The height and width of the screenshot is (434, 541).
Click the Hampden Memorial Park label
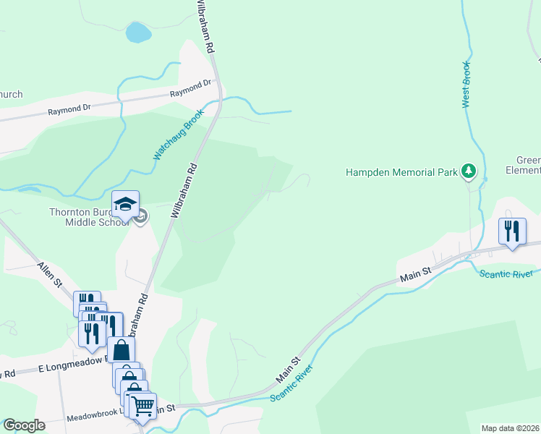tap(401, 172)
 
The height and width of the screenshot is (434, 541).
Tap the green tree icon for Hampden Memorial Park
tap(469, 171)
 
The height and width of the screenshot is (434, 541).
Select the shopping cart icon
tap(143, 405)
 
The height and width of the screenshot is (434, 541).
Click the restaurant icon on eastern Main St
tap(511, 231)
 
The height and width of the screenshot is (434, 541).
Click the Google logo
tap(24, 425)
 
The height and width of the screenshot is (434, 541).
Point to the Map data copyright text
tap(511, 428)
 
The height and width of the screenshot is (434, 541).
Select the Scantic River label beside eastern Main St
tap(506, 273)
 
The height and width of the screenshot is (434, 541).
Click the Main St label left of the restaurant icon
tap(416, 274)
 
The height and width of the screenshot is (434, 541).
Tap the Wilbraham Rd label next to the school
tap(184, 190)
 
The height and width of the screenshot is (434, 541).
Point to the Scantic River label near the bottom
tap(292, 384)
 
